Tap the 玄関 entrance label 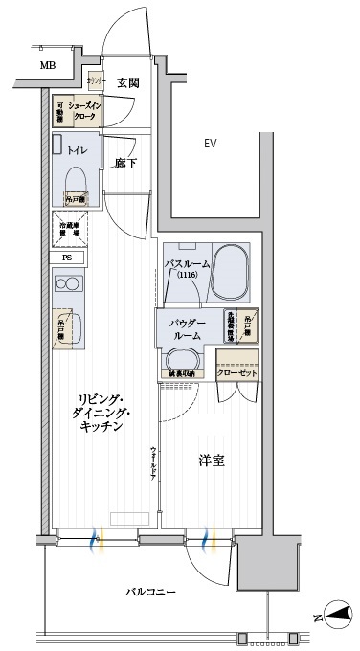click(x=128, y=83)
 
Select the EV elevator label click(x=212, y=144)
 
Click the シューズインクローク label click(x=84, y=110)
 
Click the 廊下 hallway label click(x=126, y=164)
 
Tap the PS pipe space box click(x=67, y=258)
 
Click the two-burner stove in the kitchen click(x=67, y=284)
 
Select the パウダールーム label click(x=188, y=329)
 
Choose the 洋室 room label click(x=211, y=460)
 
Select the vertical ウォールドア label click(x=152, y=465)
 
